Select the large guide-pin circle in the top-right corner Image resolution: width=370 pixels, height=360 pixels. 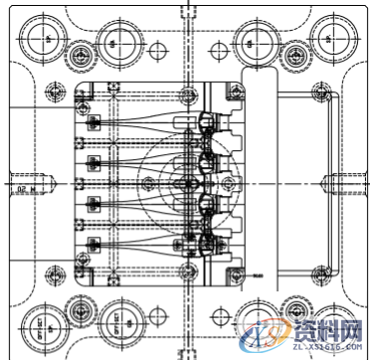(x=331, y=38)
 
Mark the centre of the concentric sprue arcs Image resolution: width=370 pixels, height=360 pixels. (x=187, y=183)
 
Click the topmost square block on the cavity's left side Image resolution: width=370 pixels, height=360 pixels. (x=94, y=123)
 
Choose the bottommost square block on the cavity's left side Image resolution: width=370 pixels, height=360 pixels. (x=94, y=243)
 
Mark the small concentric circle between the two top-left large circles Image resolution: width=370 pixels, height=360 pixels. (x=80, y=54)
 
